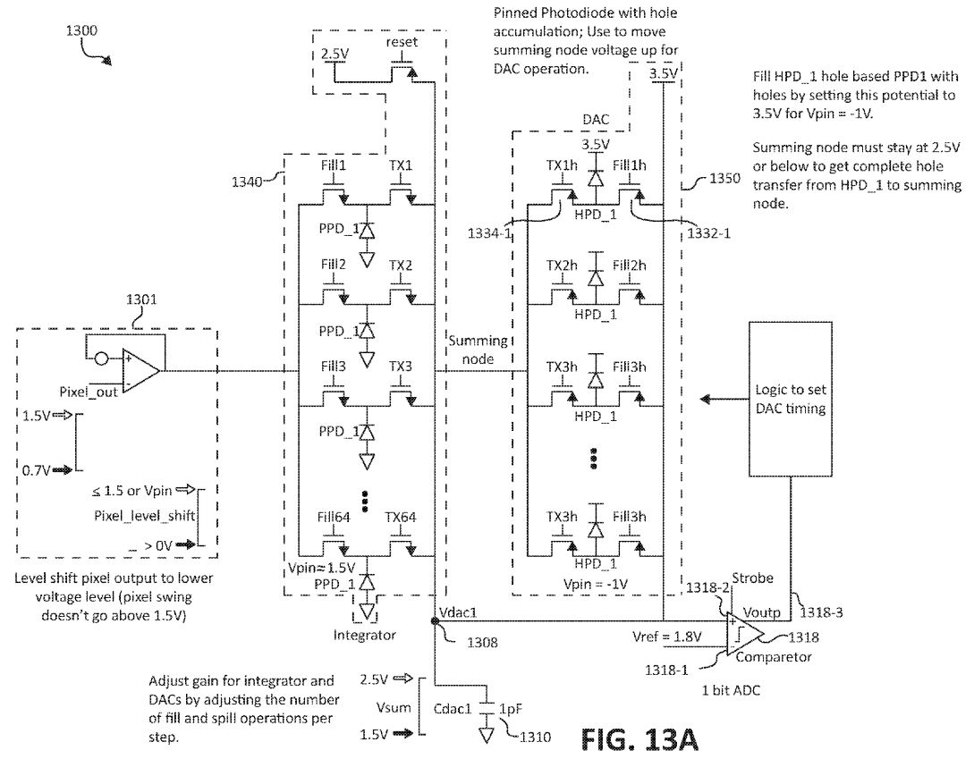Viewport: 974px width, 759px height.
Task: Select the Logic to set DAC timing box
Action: pyautogui.click(x=791, y=398)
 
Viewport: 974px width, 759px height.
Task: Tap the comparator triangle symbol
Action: pyautogui.click(x=743, y=632)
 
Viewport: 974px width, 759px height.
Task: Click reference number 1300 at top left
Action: pyautogui.click(x=82, y=30)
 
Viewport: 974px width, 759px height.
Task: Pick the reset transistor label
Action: pyautogui.click(x=402, y=43)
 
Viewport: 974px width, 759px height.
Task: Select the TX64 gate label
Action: pyautogui.click(x=401, y=517)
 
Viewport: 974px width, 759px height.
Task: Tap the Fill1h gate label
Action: pyautogui.click(x=630, y=166)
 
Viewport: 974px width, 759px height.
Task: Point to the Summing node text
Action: pyautogui.click(x=478, y=349)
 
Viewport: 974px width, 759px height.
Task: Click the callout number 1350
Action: pyautogui.click(x=724, y=178)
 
